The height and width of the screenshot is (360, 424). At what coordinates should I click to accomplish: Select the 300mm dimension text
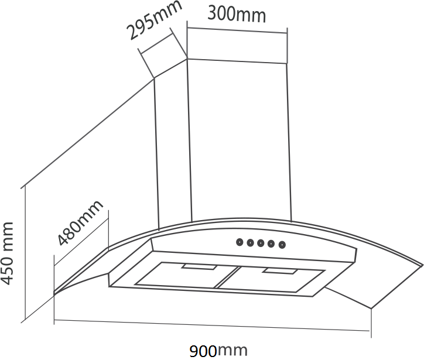(237, 14)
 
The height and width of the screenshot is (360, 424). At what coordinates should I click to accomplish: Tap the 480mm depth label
(80, 223)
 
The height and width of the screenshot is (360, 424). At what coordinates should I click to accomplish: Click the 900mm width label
(218, 351)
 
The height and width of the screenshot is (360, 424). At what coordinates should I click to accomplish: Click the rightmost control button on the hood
(282, 245)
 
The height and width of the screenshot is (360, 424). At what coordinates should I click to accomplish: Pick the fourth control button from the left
(271, 244)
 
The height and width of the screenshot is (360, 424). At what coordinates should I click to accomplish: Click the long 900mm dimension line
(211, 327)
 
